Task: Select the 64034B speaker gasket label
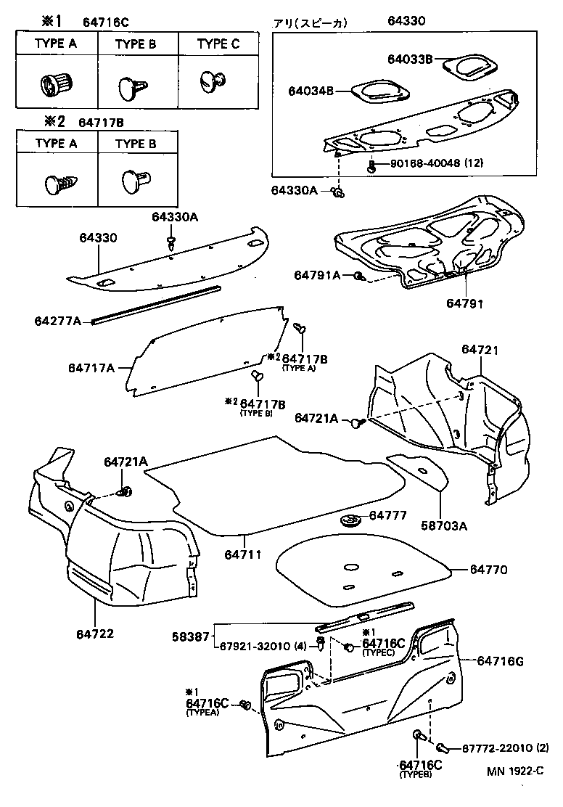pyautogui.click(x=309, y=91)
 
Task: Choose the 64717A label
pyautogui.click(x=91, y=368)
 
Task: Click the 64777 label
pyautogui.click(x=389, y=515)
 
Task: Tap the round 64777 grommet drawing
pyautogui.click(x=350, y=521)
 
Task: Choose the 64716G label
pyautogui.click(x=500, y=660)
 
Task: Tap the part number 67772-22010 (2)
pyautogui.click(x=498, y=747)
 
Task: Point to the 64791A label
pyautogui.click(x=317, y=275)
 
